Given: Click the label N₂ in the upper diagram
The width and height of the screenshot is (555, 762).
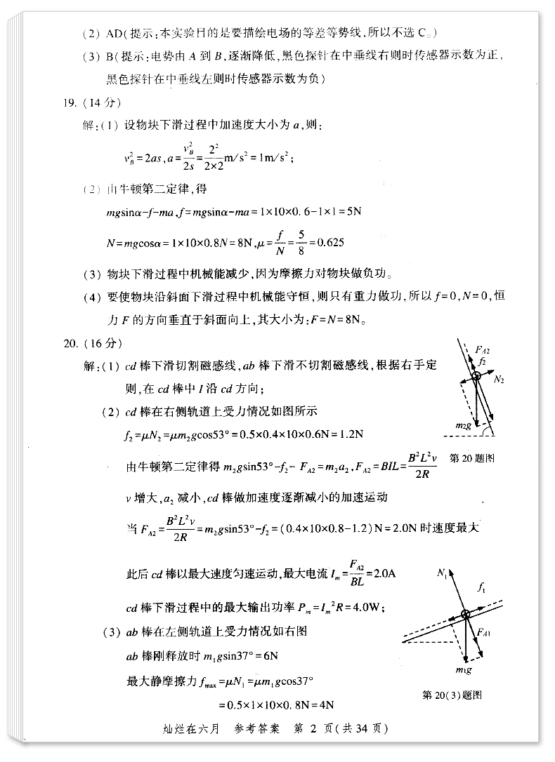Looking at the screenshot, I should click(x=499, y=379).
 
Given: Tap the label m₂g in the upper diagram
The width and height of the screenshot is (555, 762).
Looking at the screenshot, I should click(x=462, y=425).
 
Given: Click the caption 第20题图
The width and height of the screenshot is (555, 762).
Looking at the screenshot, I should click(x=471, y=458).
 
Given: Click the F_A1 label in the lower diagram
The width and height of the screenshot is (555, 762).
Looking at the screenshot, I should click(x=483, y=633).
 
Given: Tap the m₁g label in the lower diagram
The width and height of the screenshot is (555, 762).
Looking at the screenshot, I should click(x=462, y=671).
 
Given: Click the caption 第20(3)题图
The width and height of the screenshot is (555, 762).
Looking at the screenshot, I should click(x=452, y=695).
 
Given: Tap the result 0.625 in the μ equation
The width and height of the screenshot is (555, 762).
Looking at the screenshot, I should click(x=330, y=242).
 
